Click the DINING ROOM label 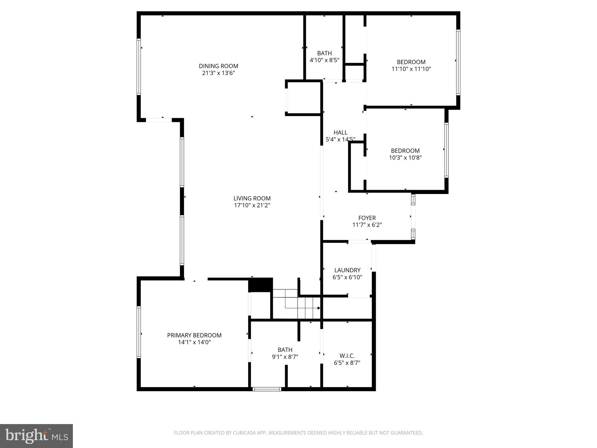tap(218, 66)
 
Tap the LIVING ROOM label tap(252, 199)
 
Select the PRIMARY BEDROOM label tap(194, 335)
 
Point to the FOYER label tap(367, 218)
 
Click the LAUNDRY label tap(347, 270)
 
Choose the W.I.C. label tap(347, 356)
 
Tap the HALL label tap(340, 133)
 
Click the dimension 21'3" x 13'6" tap(218, 73)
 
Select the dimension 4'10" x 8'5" tap(324, 60)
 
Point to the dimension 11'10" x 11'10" tap(411, 69)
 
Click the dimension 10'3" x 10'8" tap(405, 158)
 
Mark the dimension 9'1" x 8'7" tap(285, 357)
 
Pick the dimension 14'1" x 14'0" tap(194, 342)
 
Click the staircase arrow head tap(319, 308)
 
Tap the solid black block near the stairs tap(260, 285)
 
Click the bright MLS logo tap(36, 436)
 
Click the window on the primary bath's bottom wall tap(267, 389)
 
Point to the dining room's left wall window tap(139, 67)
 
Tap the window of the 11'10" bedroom tap(458, 62)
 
